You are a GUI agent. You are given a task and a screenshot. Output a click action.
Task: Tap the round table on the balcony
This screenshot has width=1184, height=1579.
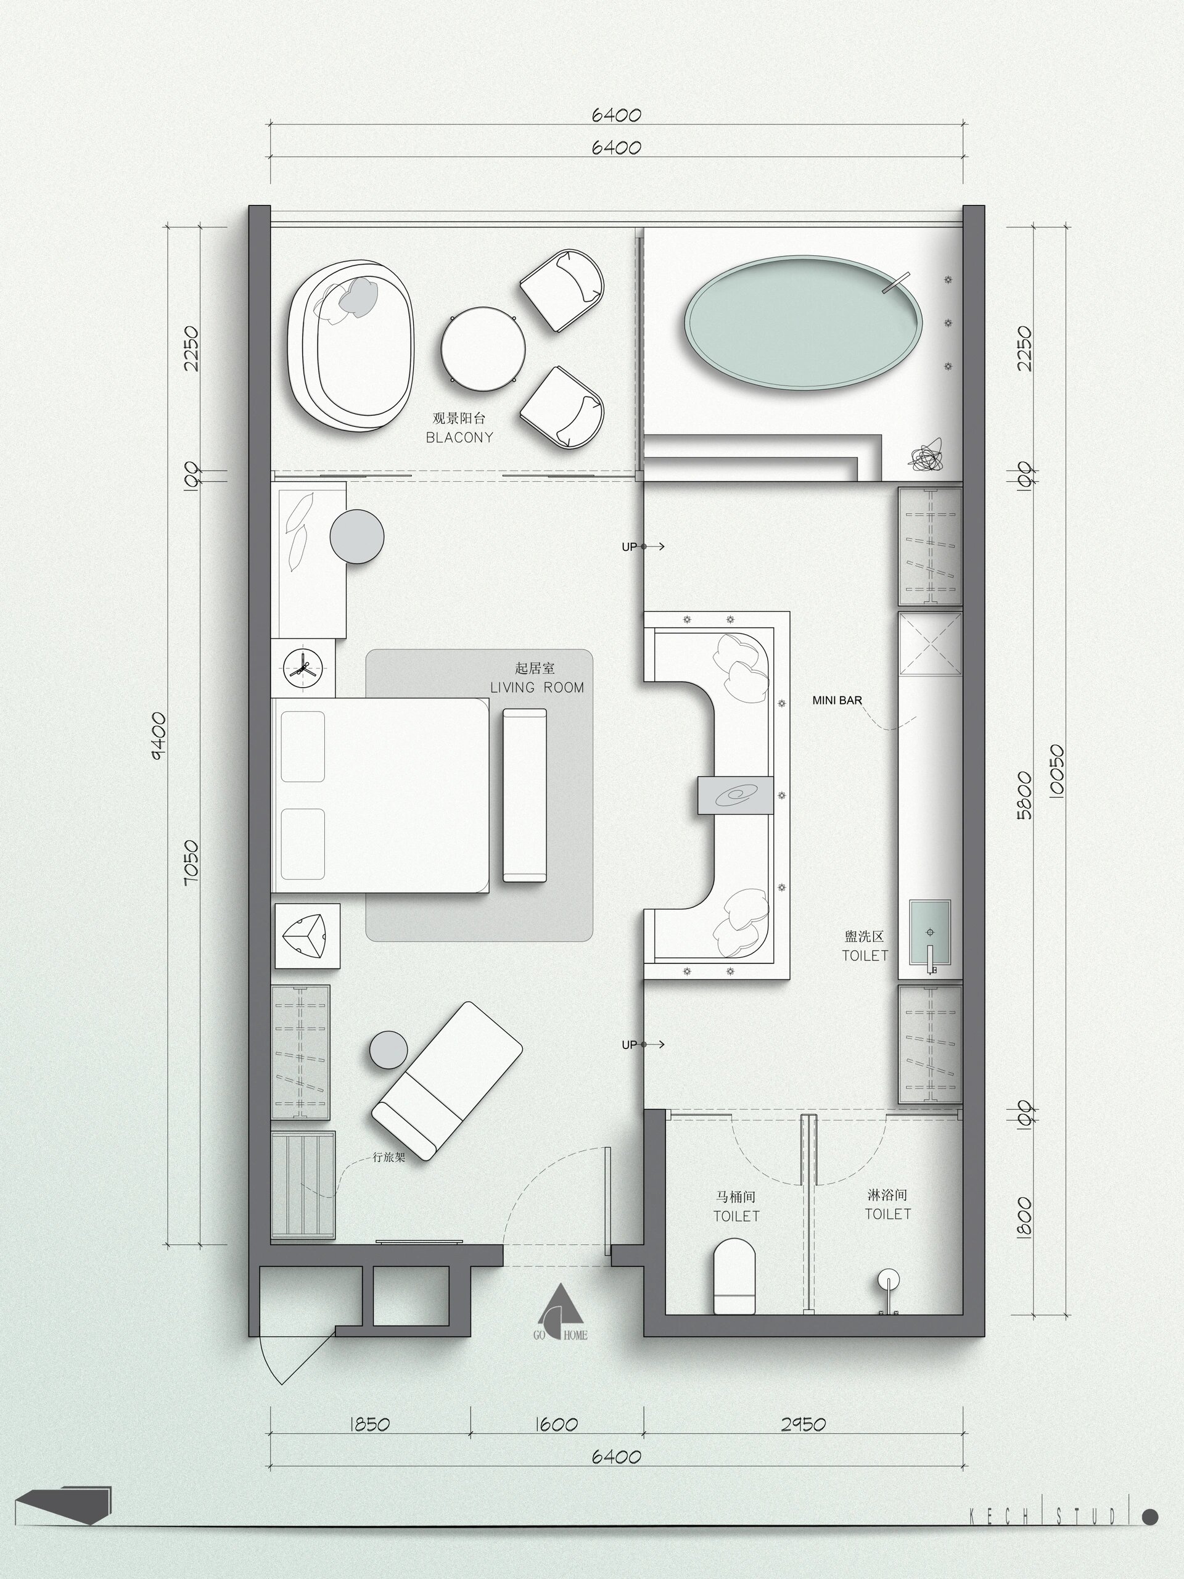[x=483, y=348]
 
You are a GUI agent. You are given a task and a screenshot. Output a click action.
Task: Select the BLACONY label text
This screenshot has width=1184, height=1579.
[x=459, y=437]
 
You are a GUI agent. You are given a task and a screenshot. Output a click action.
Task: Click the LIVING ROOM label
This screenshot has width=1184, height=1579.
[x=536, y=688]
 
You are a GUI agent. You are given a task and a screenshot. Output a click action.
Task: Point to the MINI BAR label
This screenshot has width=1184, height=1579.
[x=837, y=700]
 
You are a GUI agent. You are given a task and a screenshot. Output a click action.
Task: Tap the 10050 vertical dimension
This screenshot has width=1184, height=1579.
[x=1057, y=771]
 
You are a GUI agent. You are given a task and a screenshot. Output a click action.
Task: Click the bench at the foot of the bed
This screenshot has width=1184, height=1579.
[x=525, y=795]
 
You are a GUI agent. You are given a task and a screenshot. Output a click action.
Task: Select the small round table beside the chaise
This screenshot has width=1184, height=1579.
[x=389, y=1050]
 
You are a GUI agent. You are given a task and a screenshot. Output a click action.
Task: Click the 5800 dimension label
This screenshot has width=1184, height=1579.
[x=1024, y=795]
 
